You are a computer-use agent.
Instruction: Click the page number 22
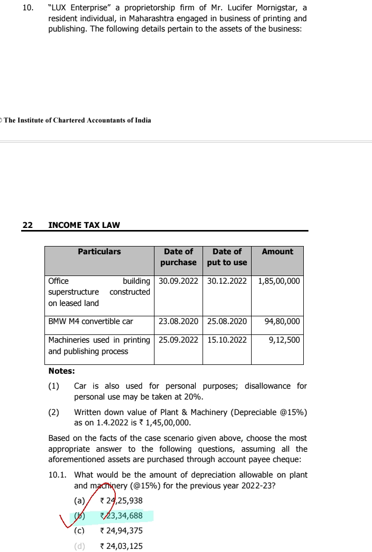point(27,225)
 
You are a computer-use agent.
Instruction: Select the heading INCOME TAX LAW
point(84,225)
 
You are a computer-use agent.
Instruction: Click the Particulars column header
point(99,252)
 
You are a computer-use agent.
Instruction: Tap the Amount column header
point(277,252)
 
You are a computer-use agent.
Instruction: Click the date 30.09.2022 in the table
point(178,281)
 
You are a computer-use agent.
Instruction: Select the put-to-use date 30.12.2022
point(227,281)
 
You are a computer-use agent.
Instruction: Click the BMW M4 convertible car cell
point(90,321)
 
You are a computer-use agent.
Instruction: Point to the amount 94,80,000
point(282,321)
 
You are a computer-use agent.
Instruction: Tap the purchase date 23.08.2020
point(178,321)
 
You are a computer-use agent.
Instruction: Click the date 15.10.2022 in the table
point(227,340)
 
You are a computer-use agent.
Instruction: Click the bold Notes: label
point(61,371)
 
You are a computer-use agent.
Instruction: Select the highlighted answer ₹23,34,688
point(121,515)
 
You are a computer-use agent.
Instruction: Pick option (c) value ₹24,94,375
point(121,531)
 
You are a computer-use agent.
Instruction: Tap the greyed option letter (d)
point(80,546)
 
